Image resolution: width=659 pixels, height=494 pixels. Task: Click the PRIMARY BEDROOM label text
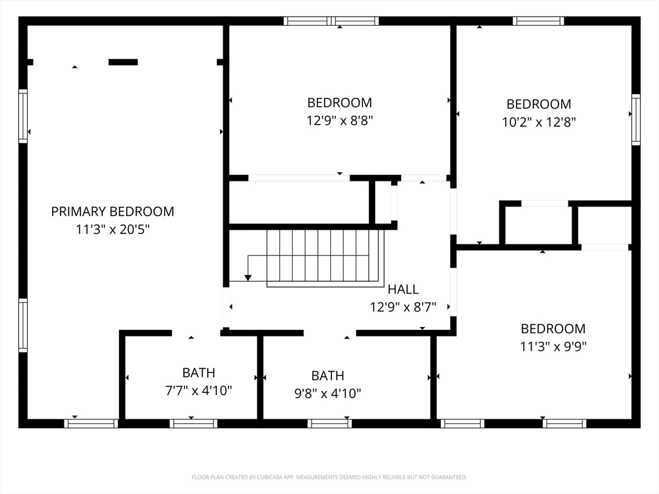click(113, 211)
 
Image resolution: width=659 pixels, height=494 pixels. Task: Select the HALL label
click(403, 289)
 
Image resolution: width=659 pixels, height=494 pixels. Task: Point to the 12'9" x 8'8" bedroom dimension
click(339, 120)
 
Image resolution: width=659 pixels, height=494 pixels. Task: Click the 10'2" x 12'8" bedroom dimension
click(539, 122)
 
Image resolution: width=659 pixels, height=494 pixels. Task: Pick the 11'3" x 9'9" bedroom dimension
click(553, 346)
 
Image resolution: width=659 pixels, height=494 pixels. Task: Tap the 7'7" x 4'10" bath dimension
click(198, 390)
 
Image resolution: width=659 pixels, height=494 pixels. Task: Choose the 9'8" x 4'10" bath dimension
click(328, 393)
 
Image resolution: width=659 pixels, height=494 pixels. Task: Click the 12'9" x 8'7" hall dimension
click(403, 307)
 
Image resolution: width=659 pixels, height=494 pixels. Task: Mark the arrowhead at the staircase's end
click(248, 277)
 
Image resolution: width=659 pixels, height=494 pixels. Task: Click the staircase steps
click(325, 256)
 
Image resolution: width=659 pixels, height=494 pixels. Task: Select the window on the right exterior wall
click(636, 120)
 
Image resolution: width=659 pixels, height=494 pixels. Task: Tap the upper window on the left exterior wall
click(23, 116)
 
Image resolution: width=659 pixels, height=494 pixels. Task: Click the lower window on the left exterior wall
click(23, 325)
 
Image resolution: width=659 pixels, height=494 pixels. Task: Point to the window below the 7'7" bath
click(193, 423)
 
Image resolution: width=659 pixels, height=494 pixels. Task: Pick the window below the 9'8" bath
click(329, 423)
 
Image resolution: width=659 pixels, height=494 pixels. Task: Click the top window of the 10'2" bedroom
click(538, 21)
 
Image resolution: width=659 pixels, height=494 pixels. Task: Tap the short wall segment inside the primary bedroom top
click(123, 62)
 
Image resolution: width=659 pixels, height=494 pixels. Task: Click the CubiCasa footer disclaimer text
click(329, 477)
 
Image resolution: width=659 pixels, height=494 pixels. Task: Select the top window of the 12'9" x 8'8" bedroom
click(331, 21)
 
